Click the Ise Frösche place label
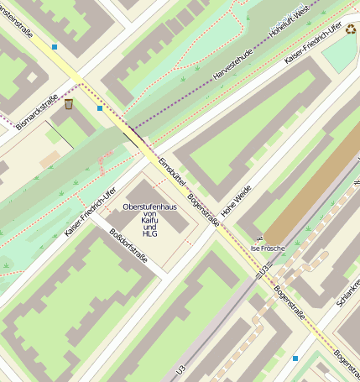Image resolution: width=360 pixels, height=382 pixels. coord(268,249)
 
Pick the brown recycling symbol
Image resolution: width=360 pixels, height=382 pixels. coord(350,29)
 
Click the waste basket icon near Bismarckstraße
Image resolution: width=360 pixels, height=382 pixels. coord(69,104)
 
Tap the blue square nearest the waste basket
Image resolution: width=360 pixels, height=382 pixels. coord(100,107)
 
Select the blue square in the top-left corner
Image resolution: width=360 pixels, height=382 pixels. coord(55,47)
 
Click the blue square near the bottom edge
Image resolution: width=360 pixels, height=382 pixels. coord(295,358)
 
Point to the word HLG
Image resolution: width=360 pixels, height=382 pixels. coord(150,234)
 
